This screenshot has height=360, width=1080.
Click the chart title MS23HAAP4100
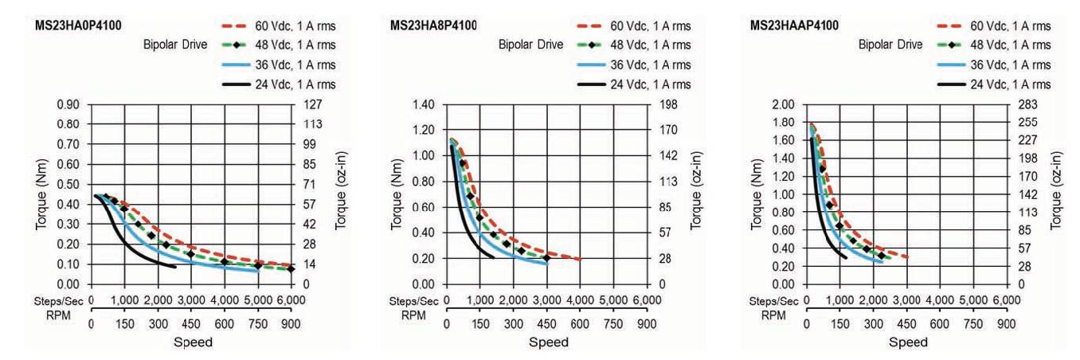click(793, 26)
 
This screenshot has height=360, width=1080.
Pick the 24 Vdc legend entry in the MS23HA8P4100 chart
click(653, 84)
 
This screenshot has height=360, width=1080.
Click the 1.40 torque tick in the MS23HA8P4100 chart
click(428, 104)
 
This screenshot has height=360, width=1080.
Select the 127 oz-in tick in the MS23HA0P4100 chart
click(311, 104)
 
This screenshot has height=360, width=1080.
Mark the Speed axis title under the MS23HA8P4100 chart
click(549, 342)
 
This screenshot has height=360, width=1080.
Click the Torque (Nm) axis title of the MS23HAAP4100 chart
click(762, 194)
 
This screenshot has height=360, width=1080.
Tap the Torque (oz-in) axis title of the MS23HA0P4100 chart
click(340, 194)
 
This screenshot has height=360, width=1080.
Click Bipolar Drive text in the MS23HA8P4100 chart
click(530, 45)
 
